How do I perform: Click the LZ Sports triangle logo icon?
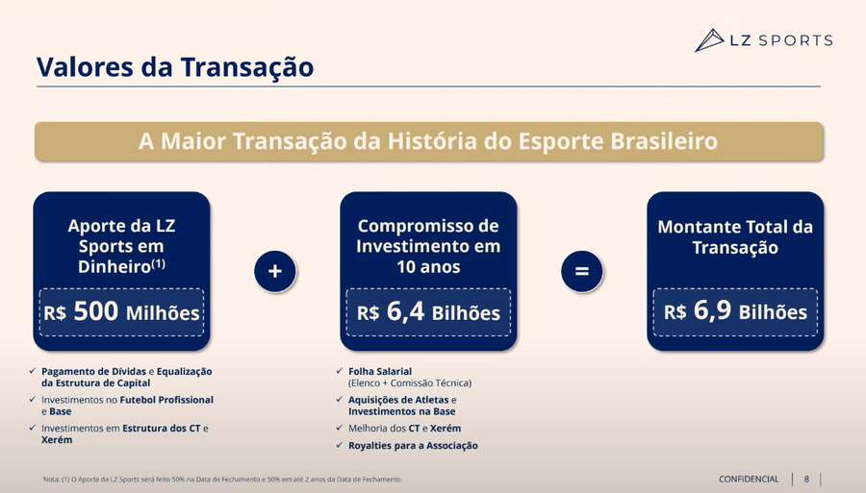click(709, 40)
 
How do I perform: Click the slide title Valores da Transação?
click(174, 67)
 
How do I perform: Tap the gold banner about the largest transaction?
click(428, 141)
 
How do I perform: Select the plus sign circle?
click(274, 271)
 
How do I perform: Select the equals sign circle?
click(581, 271)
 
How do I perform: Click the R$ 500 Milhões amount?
click(121, 312)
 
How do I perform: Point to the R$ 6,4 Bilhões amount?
click(428, 312)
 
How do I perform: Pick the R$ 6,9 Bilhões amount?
click(735, 312)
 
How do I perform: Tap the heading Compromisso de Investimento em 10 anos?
click(428, 246)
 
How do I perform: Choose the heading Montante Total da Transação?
click(735, 237)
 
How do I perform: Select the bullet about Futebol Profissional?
click(127, 405)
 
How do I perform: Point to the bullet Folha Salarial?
click(409, 377)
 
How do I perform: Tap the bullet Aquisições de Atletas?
click(402, 405)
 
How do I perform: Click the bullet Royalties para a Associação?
click(413, 445)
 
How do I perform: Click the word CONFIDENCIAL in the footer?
click(749, 479)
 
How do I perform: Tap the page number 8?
click(806, 479)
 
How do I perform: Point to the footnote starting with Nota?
click(222, 479)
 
